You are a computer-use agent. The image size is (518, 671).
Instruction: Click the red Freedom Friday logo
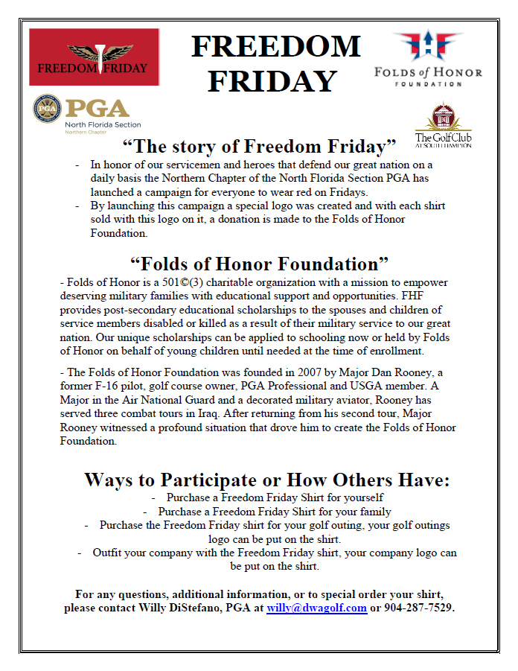point(94,57)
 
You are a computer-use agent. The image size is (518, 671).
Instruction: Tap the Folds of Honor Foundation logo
point(427,59)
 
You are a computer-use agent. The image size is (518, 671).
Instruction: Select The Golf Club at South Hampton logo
point(443,124)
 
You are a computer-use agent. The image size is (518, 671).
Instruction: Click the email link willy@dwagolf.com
point(316,608)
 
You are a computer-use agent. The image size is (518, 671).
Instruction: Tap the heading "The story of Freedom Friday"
point(259,145)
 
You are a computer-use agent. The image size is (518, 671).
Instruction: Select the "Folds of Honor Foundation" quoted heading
point(260,264)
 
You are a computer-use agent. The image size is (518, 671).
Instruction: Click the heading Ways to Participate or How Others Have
point(266,479)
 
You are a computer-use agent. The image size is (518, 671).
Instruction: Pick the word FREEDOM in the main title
point(275,46)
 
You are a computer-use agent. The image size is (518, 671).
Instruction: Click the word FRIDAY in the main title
point(272,80)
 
